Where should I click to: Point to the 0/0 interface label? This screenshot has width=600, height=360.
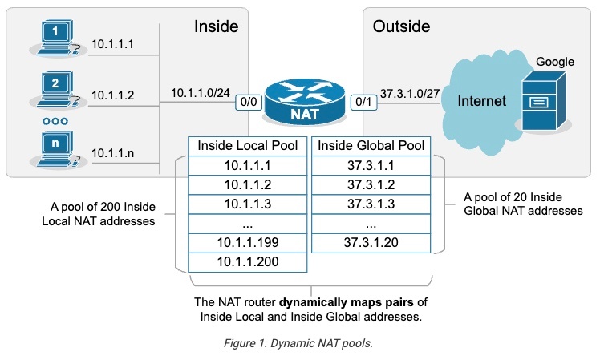pyautogui.click(x=247, y=103)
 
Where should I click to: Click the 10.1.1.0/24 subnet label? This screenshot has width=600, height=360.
pyautogui.click(x=199, y=95)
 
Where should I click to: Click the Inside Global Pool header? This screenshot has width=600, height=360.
pyautogui.click(x=371, y=147)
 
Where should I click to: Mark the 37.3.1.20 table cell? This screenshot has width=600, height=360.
pyautogui.click(x=371, y=242)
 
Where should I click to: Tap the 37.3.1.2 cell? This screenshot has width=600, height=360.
pyautogui.click(x=371, y=184)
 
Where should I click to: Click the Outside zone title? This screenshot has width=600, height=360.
pyautogui.click(x=401, y=26)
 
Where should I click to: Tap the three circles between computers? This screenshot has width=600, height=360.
pyautogui.click(x=55, y=121)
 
